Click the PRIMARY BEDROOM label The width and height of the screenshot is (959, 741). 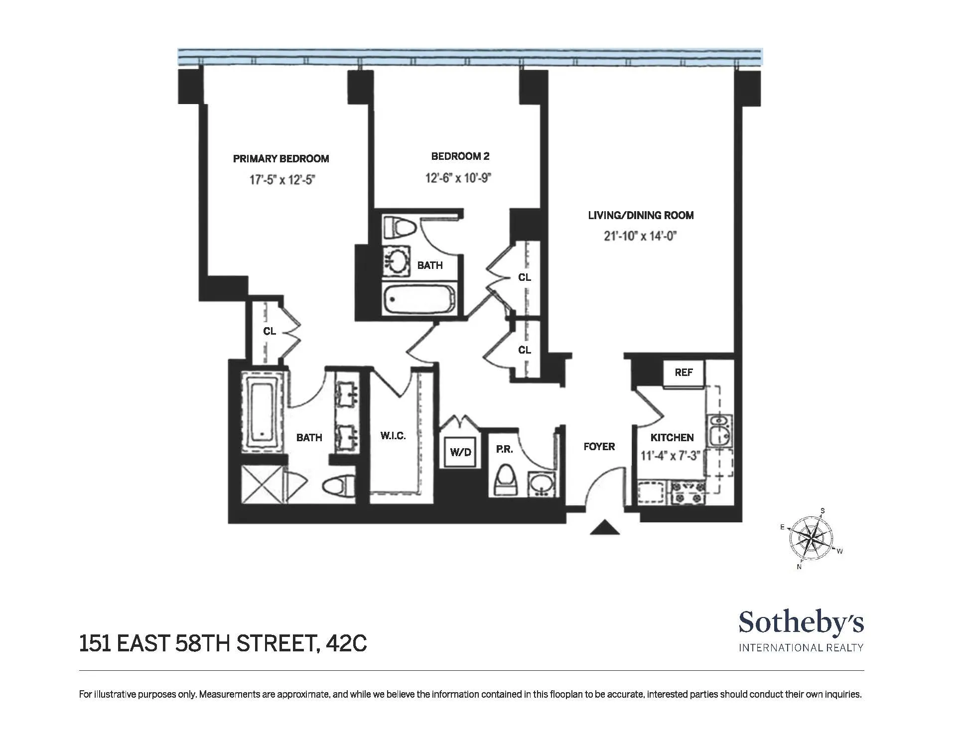[281, 159]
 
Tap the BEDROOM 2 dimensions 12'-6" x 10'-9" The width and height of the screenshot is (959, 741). [458, 178]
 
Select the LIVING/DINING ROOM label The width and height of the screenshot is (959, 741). [641, 215]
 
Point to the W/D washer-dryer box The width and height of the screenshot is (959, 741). [460, 452]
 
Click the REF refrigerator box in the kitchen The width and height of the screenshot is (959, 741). [684, 372]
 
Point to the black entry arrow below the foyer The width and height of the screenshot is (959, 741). [605, 527]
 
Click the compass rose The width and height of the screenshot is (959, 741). [812, 538]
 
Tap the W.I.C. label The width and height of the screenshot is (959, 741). [393, 436]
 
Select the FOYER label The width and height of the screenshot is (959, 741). [599, 447]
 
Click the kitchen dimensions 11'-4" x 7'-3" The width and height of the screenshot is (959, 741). [671, 456]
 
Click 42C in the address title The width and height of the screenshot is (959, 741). [346, 643]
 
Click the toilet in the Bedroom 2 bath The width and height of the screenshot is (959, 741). [401, 227]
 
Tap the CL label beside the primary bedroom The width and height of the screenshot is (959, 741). [270, 331]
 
